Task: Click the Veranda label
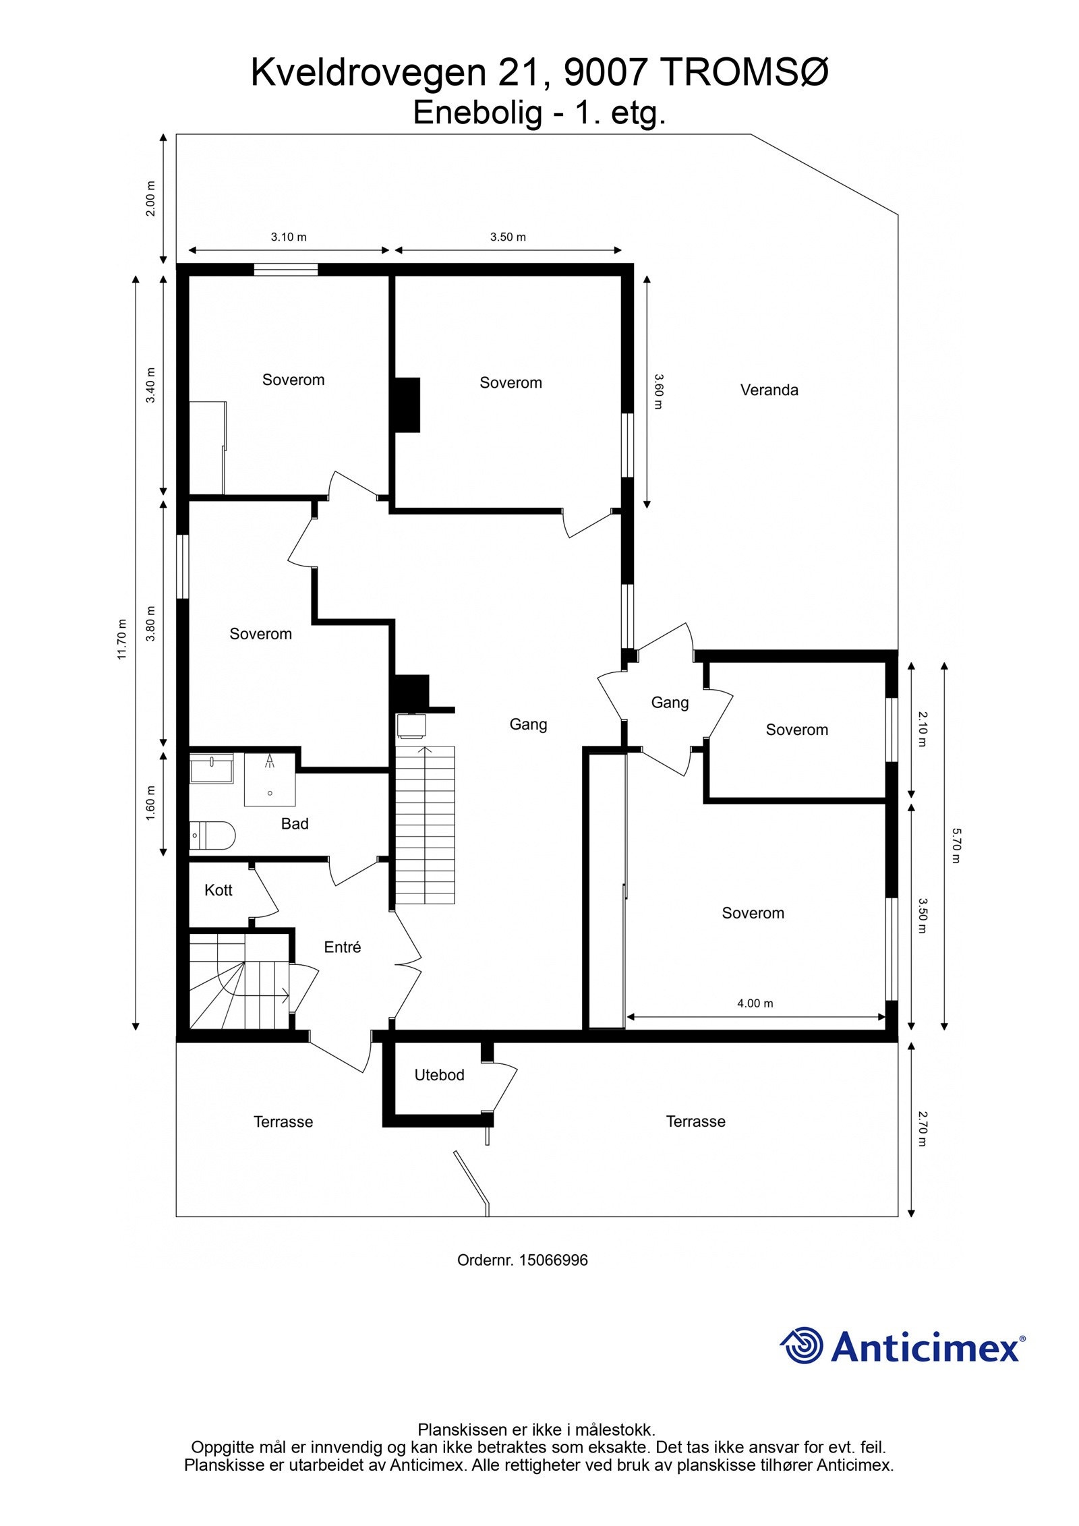pyautogui.click(x=769, y=390)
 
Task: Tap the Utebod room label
pyautogui.click(x=439, y=1075)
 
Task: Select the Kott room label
pyautogui.click(x=218, y=890)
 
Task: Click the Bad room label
pyautogui.click(x=295, y=823)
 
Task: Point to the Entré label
pyautogui.click(x=342, y=947)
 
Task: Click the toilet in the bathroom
pyautogui.click(x=212, y=835)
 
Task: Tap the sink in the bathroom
pyautogui.click(x=211, y=768)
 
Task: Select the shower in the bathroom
pyautogui.click(x=270, y=780)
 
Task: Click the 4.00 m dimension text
pyautogui.click(x=755, y=1003)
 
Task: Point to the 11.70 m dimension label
pyautogui.click(x=122, y=639)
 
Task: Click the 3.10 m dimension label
pyautogui.click(x=289, y=237)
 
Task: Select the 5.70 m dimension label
pyautogui.click(x=956, y=846)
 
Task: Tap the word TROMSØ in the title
pyautogui.click(x=744, y=74)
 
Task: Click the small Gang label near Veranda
pyautogui.click(x=670, y=703)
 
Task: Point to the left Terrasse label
pyautogui.click(x=283, y=1121)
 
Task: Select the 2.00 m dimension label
pyautogui.click(x=151, y=199)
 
